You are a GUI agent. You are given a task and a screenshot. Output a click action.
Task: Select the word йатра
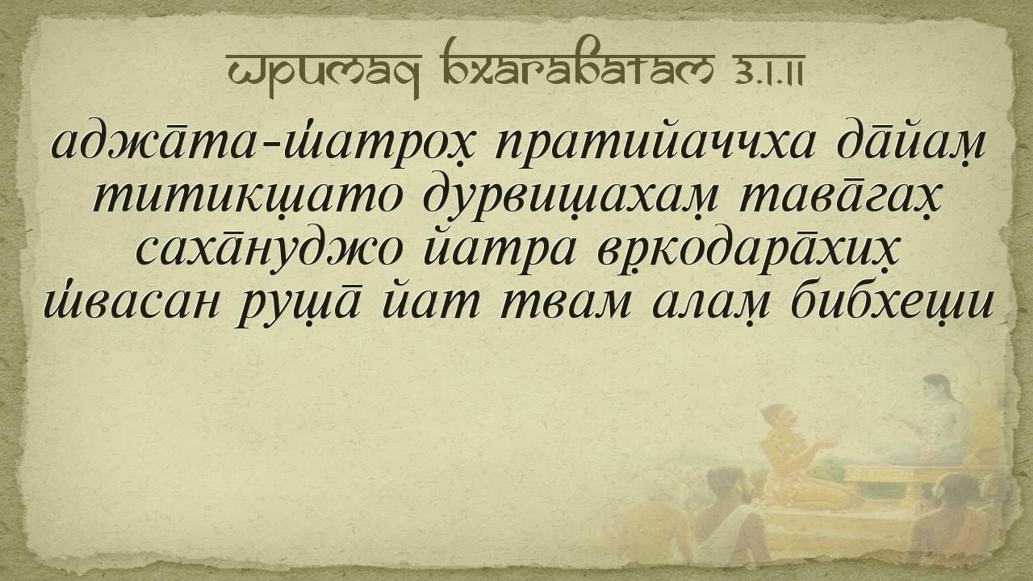pyautogui.click(x=500, y=252)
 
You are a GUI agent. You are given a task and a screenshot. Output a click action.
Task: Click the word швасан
pyautogui.click(x=131, y=303)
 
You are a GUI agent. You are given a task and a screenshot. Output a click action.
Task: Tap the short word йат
pyautogui.click(x=431, y=302)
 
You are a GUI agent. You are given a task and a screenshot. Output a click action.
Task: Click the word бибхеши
pyautogui.click(x=892, y=302)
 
